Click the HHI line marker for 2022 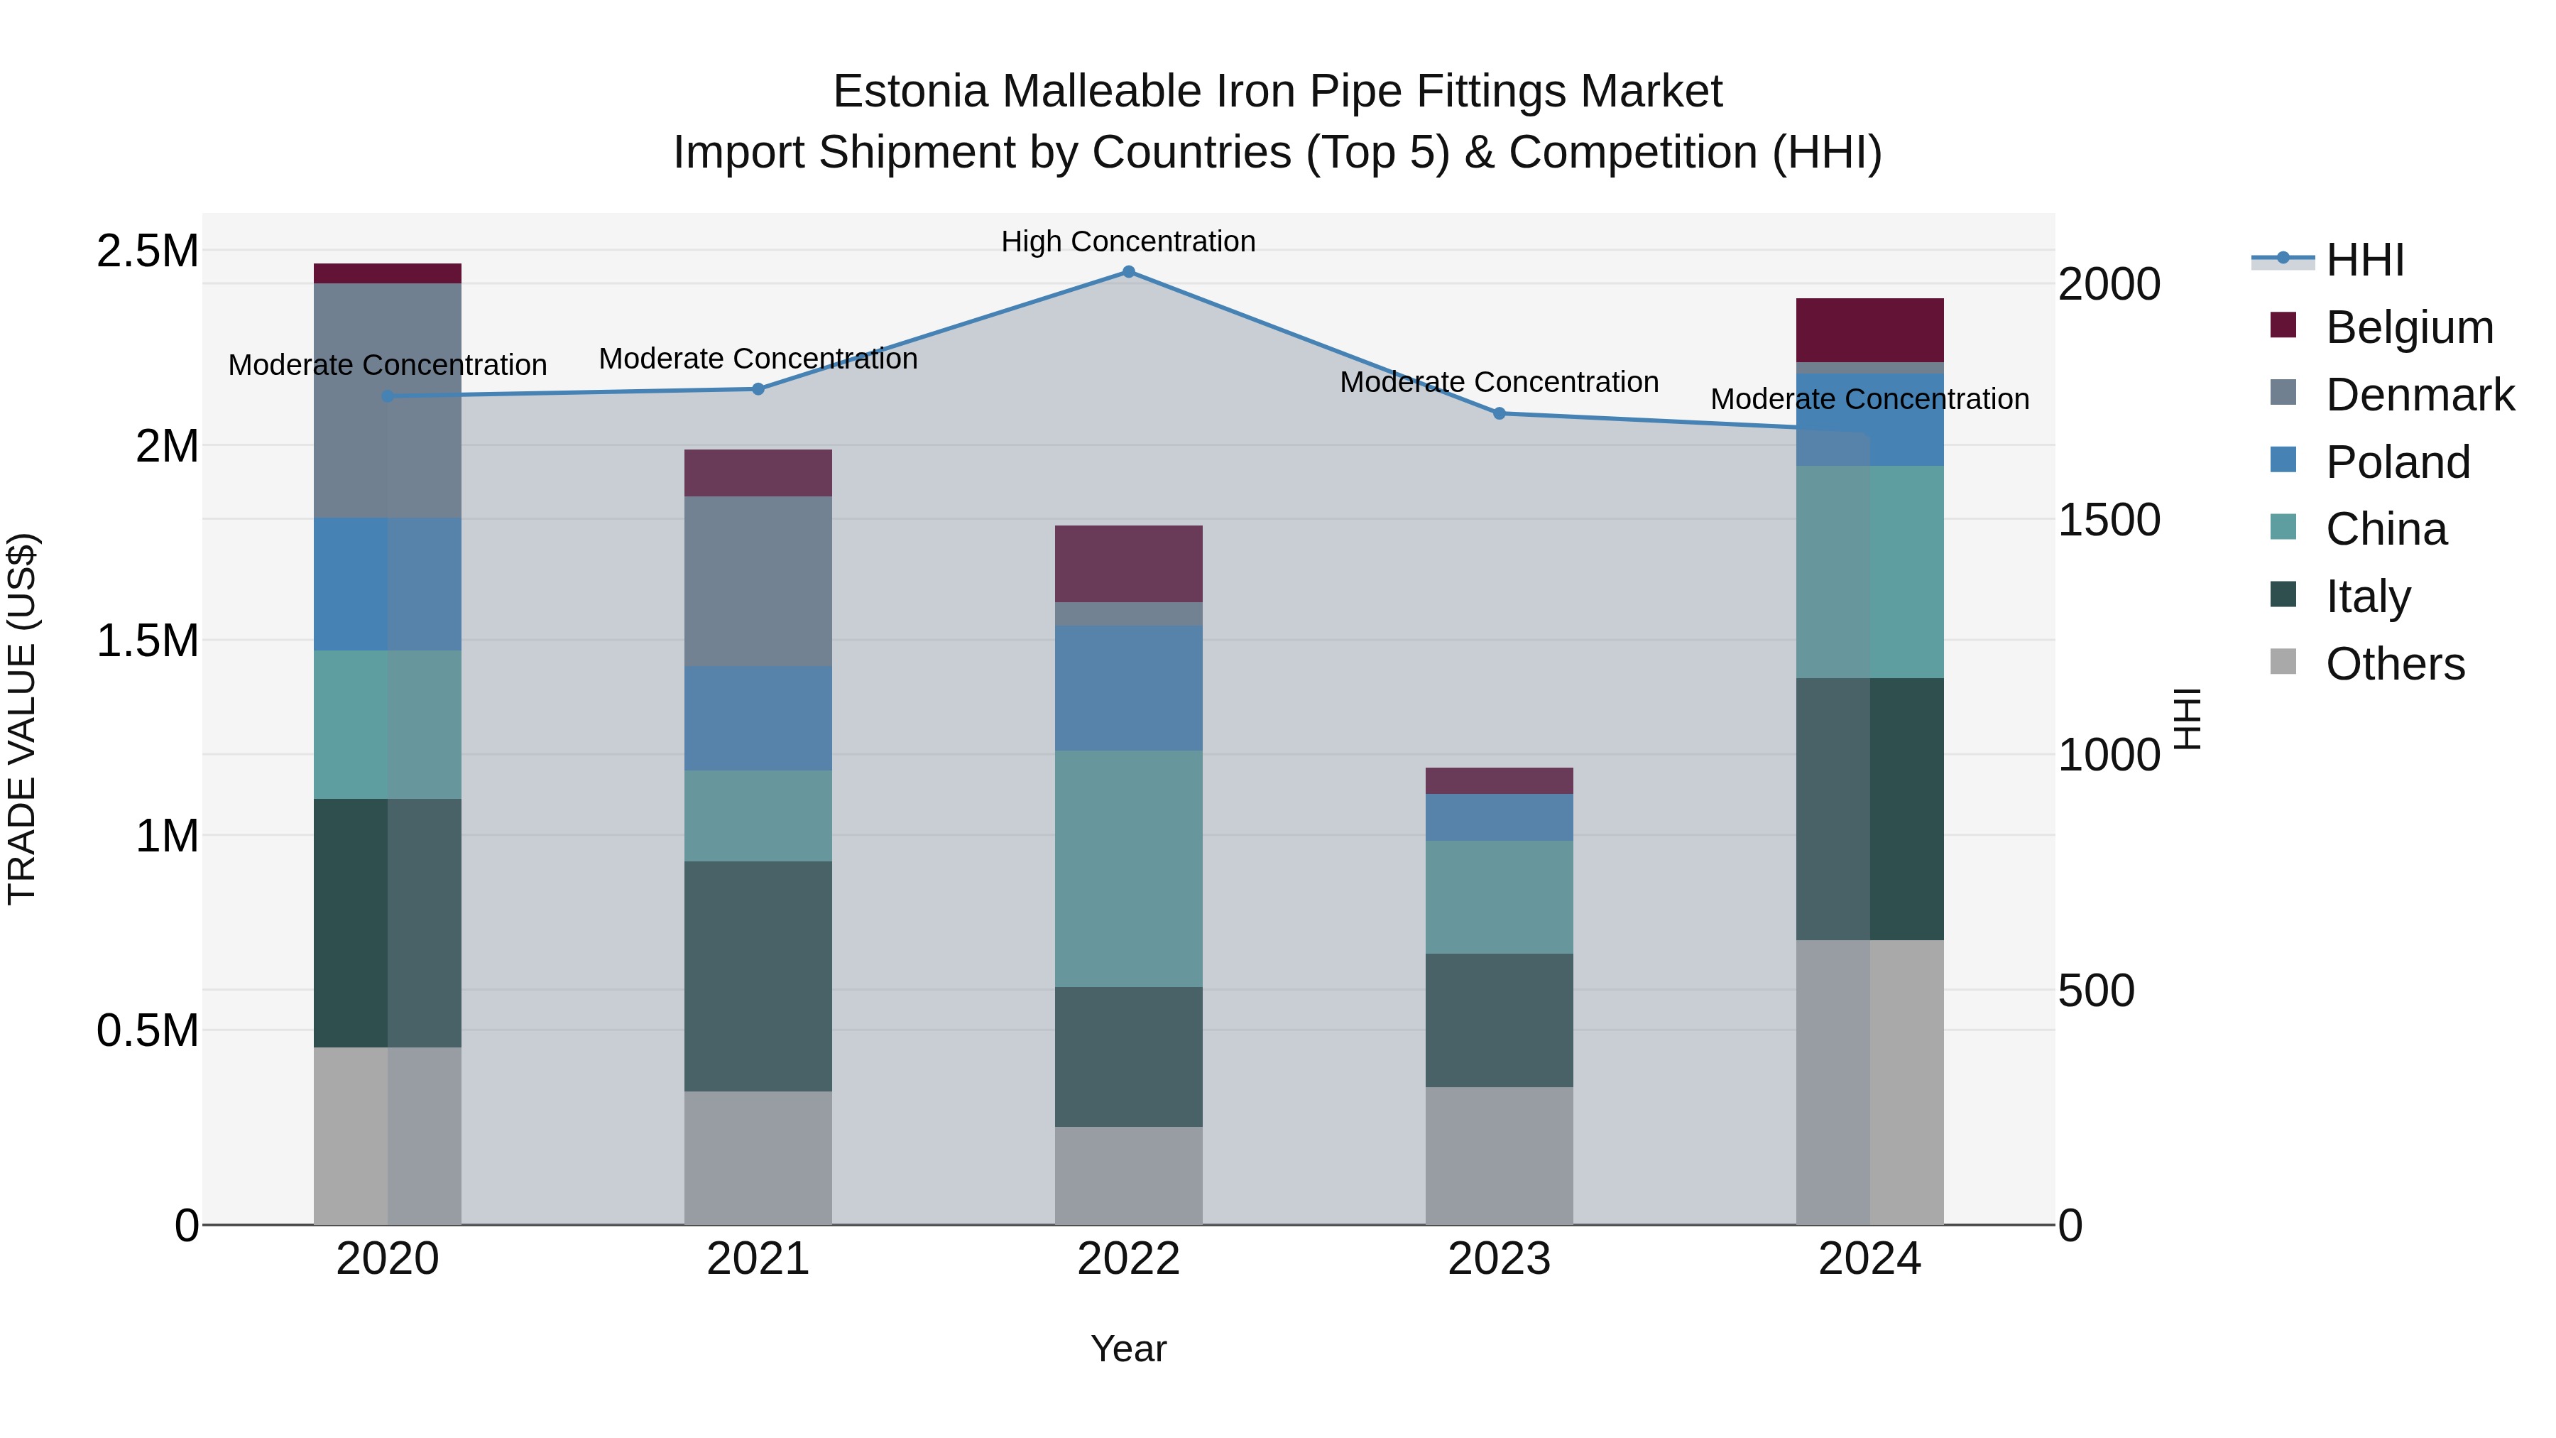coord(1128,272)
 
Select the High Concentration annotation coord(1128,242)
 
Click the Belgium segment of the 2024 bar coord(1869,330)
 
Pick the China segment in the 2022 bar coord(1128,868)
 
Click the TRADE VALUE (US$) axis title coord(22,719)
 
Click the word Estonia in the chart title coord(911,92)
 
